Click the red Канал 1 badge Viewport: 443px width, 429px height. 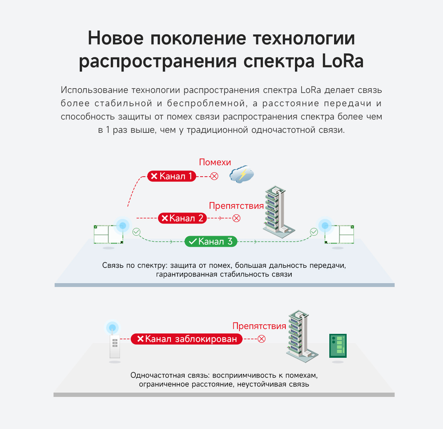(171, 176)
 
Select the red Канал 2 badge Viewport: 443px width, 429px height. (182, 218)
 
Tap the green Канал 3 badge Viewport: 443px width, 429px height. (211, 242)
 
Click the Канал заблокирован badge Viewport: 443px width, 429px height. (186, 339)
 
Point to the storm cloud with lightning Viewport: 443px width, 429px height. (242, 174)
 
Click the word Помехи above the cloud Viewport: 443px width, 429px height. (215, 162)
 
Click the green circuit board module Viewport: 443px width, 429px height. (338, 346)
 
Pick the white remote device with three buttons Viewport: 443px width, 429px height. (115, 346)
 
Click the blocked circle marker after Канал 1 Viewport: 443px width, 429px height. (214, 176)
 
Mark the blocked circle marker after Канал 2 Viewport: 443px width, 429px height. (237, 218)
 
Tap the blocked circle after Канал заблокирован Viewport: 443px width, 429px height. (261, 339)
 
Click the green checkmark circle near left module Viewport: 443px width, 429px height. (136, 232)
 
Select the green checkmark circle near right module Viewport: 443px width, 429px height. (314, 232)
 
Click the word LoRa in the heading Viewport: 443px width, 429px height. (343, 61)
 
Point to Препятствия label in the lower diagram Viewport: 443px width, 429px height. (259, 326)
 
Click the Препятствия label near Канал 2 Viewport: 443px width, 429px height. (236, 206)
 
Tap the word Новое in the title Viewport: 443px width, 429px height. (116, 38)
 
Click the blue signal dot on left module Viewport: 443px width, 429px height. (123, 225)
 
